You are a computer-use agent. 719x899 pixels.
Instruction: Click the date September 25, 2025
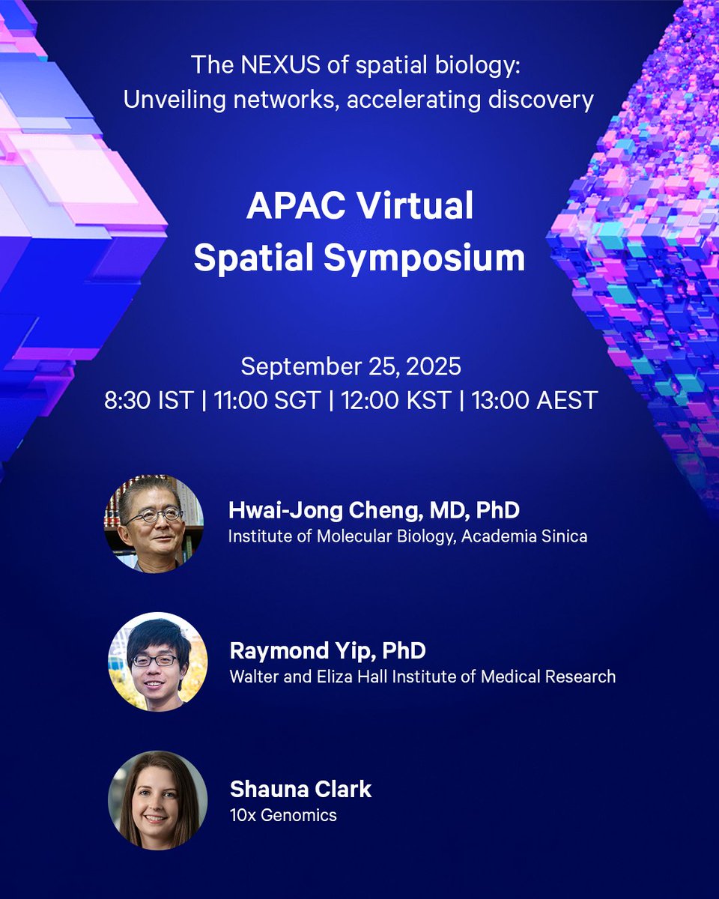351,367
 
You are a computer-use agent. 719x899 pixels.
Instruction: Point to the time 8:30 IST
149,400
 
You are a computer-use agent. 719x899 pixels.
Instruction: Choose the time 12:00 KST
396,400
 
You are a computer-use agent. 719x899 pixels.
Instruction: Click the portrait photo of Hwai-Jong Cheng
154,523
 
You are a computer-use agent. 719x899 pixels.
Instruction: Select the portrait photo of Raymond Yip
157,662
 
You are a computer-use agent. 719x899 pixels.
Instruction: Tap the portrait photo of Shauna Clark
157,800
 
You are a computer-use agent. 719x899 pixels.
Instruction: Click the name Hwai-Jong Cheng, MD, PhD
374,511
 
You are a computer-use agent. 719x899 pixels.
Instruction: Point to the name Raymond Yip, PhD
327,650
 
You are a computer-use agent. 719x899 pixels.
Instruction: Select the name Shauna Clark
300,789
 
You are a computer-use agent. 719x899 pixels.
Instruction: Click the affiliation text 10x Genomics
283,814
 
